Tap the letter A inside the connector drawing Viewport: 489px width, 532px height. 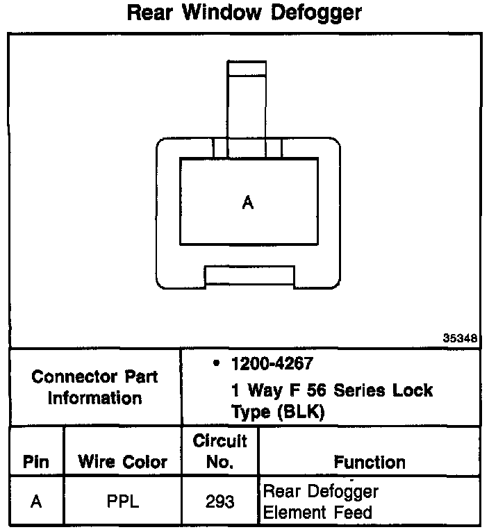[x=248, y=203]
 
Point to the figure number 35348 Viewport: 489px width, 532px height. [x=461, y=339]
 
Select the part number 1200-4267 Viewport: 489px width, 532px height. [x=273, y=363]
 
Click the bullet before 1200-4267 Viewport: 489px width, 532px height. [x=217, y=363]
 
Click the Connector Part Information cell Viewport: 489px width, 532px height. [x=95, y=388]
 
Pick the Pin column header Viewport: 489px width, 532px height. [x=36, y=462]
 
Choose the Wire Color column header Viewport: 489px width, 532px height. [x=122, y=462]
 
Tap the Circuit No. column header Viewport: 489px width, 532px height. [x=219, y=451]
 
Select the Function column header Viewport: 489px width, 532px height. [x=370, y=462]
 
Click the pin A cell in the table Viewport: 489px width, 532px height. [x=36, y=502]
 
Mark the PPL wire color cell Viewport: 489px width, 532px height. [x=122, y=502]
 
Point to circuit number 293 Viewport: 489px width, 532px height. [x=219, y=502]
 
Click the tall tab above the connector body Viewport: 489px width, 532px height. [x=247, y=101]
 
